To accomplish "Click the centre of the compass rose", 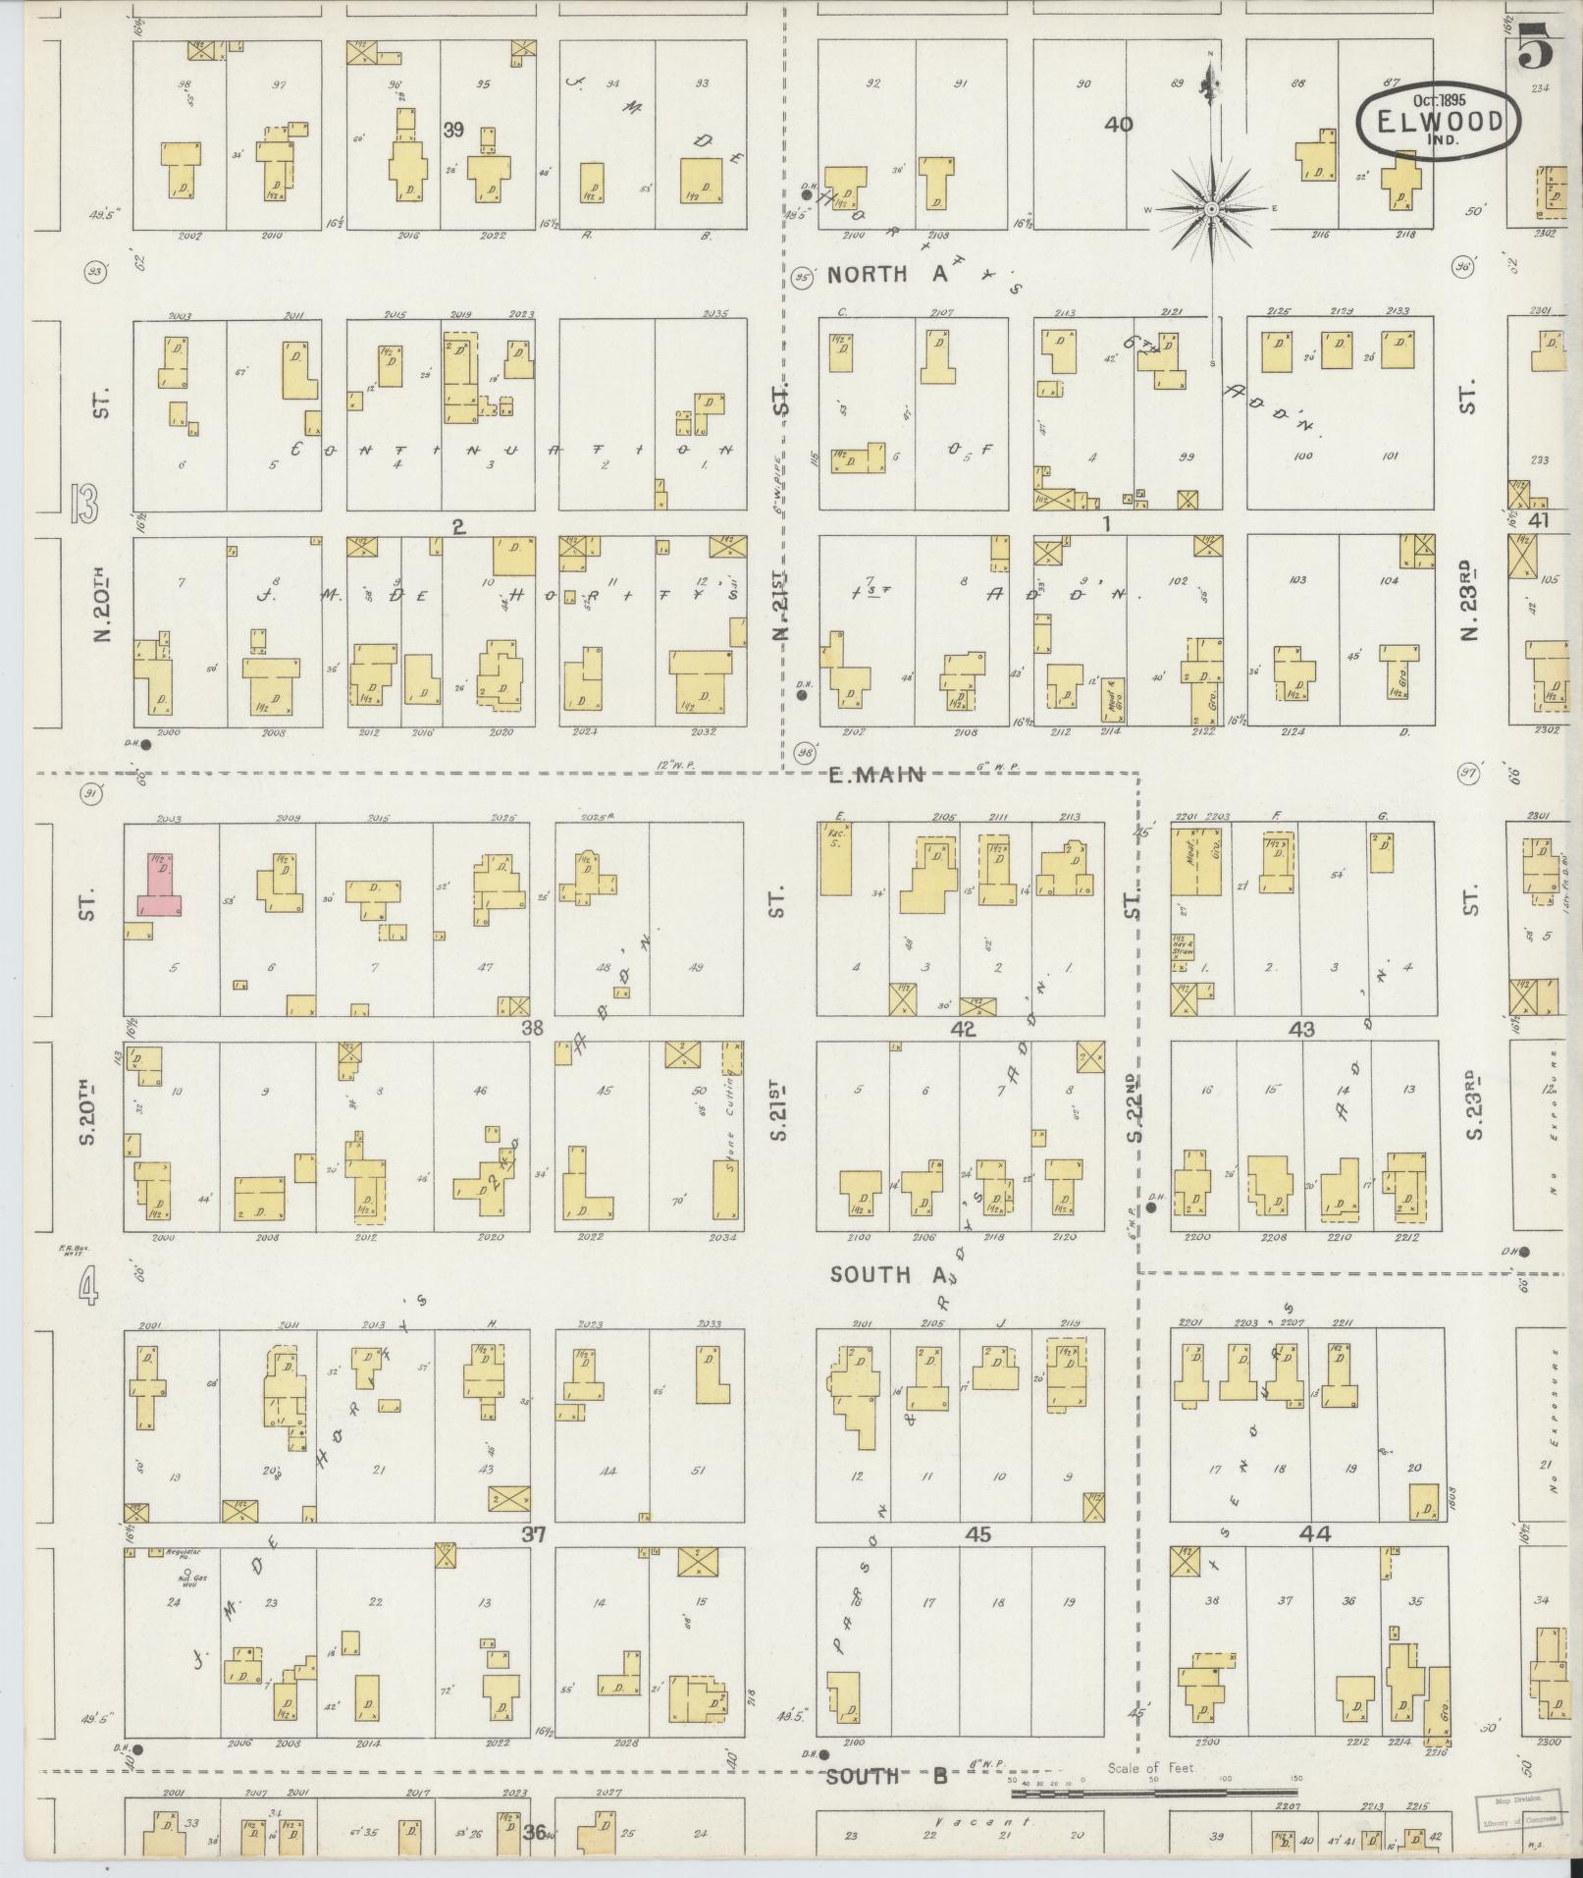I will pos(1212,209).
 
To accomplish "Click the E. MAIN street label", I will pos(875,775).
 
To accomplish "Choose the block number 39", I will pos(452,129).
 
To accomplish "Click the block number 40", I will pos(1118,125).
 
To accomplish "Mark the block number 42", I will pos(963,1029).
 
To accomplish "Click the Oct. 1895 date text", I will pos(1439,100).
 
